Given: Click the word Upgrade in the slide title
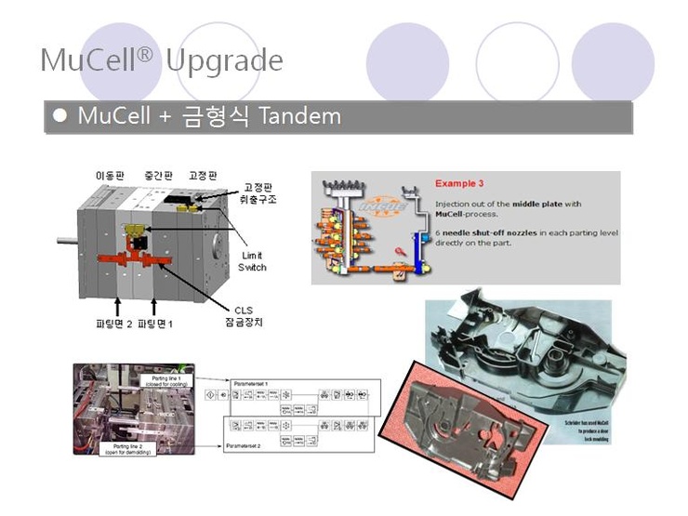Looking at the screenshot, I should pyautogui.click(x=224, y=60).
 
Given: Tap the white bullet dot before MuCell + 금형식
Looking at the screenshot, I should pyautogui.click(x=61, y=116).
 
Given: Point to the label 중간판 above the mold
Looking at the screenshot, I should pyautogui.click(x=158, y=176).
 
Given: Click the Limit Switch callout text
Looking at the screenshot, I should pyautogui.click(x=253, y=261).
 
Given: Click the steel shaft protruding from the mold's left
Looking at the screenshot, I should pyautogui.click(x=68, y=242).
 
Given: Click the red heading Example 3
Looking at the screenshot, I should pyautogui.click(x=462, y=183).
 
